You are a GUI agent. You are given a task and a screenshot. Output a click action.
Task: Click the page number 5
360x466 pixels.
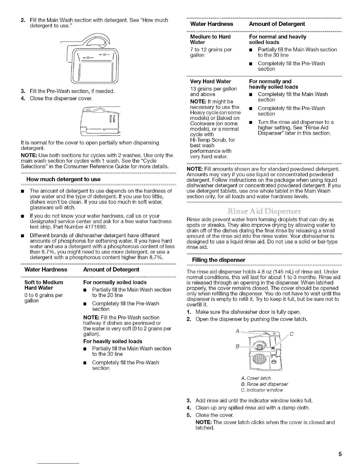340,453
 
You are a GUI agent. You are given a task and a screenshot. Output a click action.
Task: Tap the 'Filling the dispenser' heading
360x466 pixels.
218,260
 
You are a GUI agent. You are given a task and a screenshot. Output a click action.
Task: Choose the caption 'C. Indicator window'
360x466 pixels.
262,390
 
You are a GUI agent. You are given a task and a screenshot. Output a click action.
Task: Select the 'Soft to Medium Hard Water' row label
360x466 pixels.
44,285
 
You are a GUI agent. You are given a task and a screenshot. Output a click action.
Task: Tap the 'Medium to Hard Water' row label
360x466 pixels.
210,39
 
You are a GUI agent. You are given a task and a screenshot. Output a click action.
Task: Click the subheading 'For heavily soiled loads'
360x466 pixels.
113,341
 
